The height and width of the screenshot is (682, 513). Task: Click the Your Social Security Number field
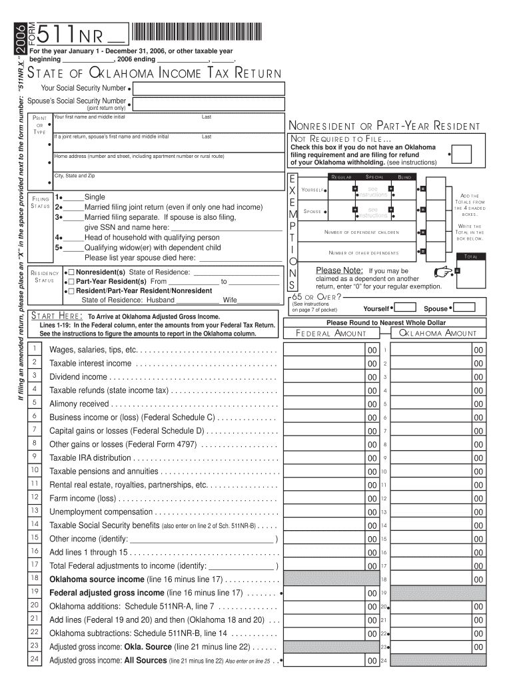pos(209,89)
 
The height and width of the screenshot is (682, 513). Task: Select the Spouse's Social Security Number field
pos(209,105)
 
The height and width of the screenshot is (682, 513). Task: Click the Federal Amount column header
pos(330,334)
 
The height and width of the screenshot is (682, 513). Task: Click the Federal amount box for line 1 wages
pos(326,350)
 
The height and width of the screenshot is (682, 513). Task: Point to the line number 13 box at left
pos(34,511)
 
